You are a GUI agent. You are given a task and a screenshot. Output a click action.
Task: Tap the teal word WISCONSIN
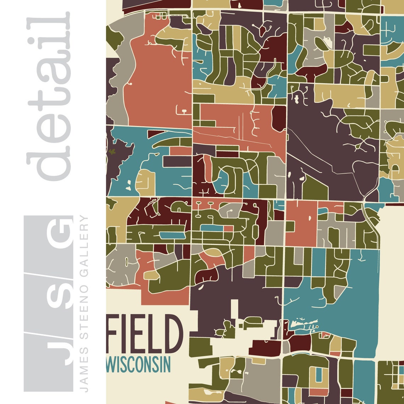(139, 365)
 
